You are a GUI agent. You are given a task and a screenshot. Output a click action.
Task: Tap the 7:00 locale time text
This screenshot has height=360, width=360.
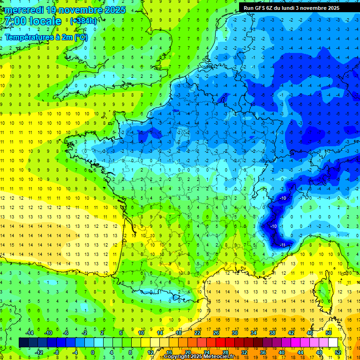[33, 22]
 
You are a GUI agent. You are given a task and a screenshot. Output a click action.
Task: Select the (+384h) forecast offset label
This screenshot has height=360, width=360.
[83, 21]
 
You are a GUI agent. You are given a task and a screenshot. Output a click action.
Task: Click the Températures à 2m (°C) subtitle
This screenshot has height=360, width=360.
[46, 37]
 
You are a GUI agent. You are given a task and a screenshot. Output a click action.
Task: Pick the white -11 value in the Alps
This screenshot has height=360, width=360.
[283, 245]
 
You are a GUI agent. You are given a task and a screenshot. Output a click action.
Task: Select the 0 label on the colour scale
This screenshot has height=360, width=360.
[92, 352]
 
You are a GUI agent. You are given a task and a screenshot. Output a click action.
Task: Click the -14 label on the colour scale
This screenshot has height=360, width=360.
[30, 333]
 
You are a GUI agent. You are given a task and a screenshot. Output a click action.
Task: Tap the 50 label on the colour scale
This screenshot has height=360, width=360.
[329, 333]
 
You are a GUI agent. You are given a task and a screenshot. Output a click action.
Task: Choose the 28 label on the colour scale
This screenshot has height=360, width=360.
[225, 352]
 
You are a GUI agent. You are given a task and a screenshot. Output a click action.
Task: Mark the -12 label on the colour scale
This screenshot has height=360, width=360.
[39, 352]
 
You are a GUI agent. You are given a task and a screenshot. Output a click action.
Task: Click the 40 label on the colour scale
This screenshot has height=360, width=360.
[282, 352]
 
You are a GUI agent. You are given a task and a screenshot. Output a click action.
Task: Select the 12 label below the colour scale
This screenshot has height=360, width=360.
[150, 352]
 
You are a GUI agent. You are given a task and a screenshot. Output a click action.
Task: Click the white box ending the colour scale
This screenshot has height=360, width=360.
[333, 343]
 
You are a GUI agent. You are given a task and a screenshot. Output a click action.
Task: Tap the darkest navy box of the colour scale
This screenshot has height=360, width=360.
[23, 343]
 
